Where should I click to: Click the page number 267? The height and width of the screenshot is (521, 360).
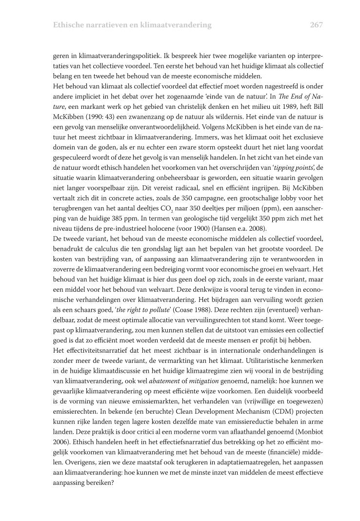click(316, 24)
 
